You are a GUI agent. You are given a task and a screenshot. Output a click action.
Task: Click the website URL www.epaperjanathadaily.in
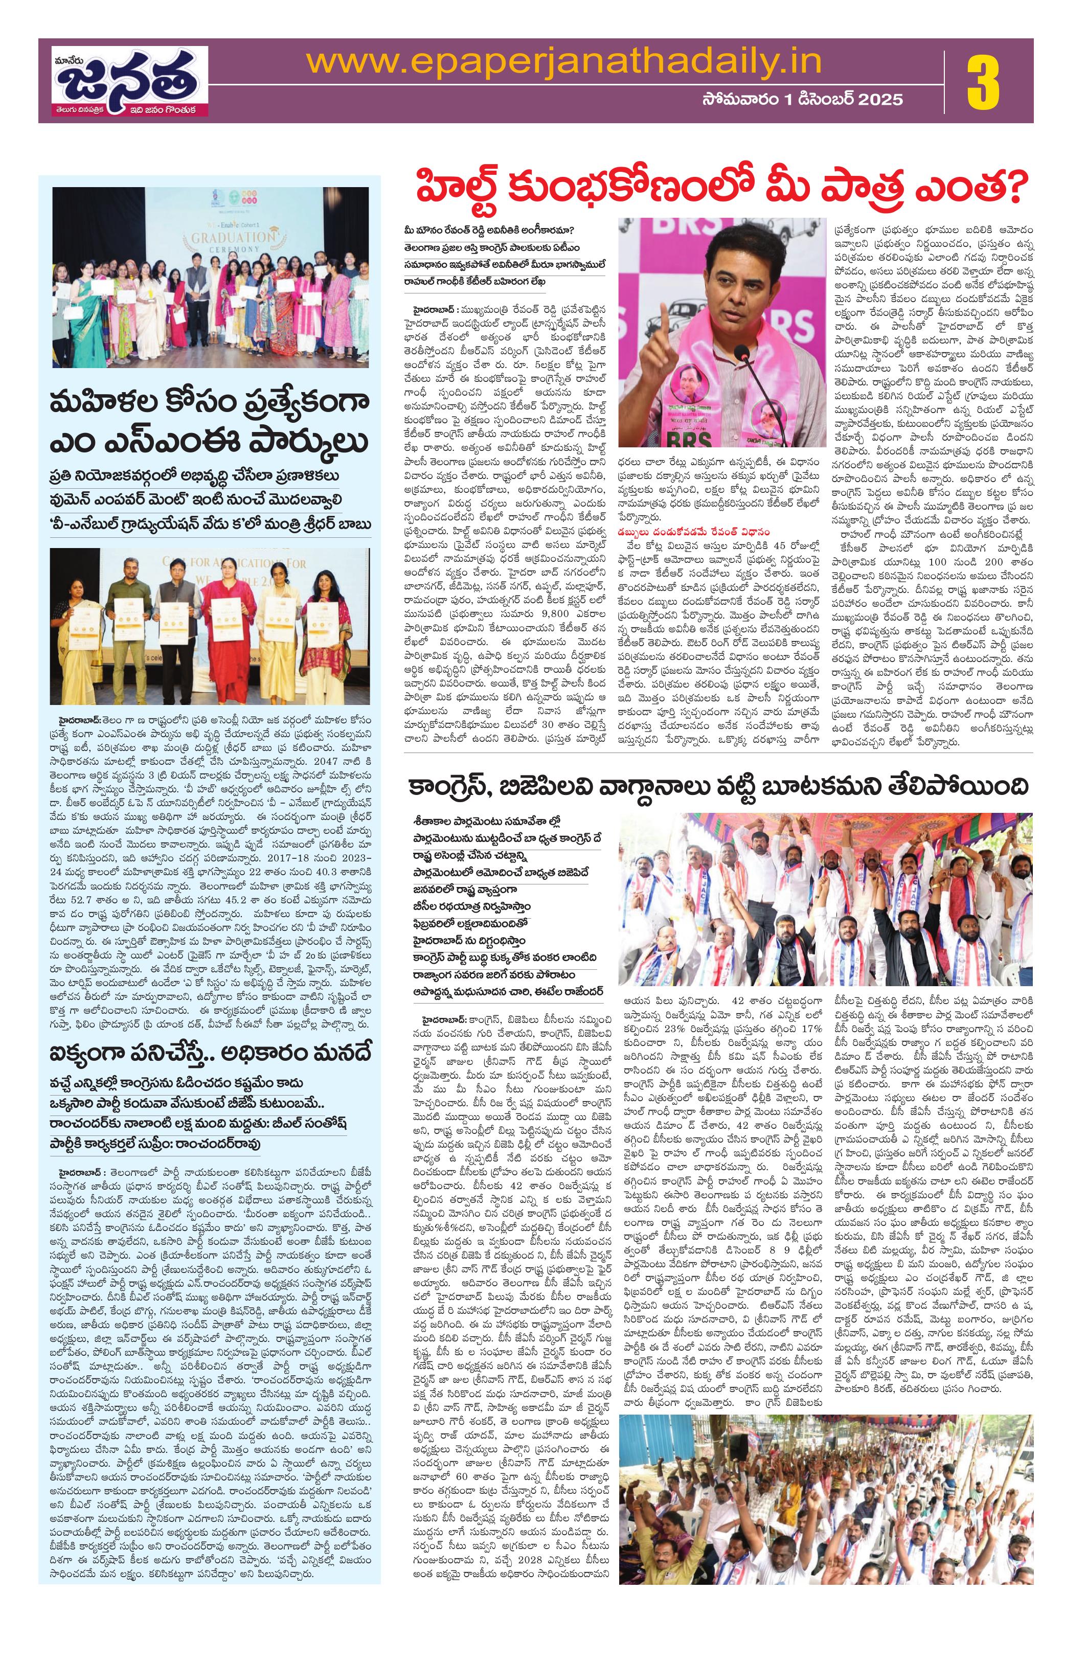(564, 63)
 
